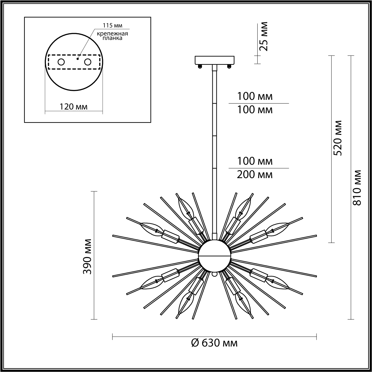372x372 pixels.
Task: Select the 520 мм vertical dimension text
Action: (338, 138)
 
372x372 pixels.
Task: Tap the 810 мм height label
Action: (357, 188)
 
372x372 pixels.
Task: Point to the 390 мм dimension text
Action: (87, 257)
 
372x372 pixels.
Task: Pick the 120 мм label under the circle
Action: (73, 107)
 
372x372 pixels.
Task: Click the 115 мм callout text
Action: (112, 25)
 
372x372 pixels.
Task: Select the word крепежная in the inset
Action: (112, 33)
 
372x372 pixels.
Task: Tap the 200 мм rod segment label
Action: (255, 175)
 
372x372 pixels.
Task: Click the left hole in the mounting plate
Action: (61, 62)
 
